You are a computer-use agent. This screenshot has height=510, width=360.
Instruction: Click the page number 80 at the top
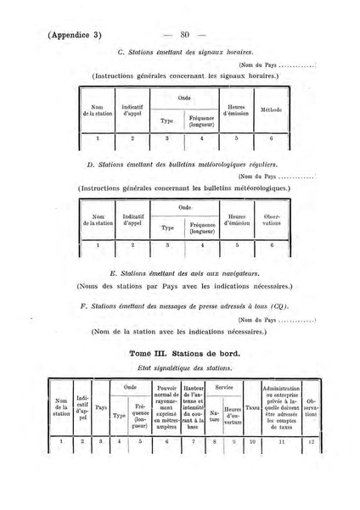(x=188, y=35)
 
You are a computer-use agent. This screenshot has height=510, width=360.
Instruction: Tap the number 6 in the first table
(x=271, y=137)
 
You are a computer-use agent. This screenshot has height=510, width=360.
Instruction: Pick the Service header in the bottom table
(x=224, y=387)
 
